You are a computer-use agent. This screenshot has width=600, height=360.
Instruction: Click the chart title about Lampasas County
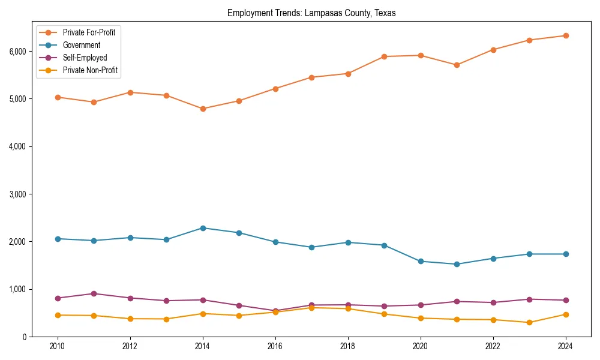(x=311, y=13)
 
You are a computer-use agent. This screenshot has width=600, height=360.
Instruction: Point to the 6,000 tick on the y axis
(x=18, y=51)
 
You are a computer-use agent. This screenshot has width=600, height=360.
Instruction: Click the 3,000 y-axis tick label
(x=18, y=194)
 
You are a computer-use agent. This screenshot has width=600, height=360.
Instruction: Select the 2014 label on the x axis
(x=203, y=347)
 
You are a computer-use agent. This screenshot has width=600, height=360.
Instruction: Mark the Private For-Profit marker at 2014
(x=203, y=109)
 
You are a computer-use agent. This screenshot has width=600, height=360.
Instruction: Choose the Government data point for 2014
(x=203, y=228)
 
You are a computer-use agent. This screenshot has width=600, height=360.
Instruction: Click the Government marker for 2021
(x=457, y=264)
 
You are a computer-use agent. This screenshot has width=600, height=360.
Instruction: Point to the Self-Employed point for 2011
(x=94, y=293)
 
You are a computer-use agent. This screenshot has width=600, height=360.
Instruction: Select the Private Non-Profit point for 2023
(x=529, y=322)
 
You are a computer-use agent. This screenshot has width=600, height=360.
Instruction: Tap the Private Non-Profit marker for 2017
(x=311, y=307)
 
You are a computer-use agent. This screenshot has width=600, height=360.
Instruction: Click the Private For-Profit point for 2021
(x=457, y=65)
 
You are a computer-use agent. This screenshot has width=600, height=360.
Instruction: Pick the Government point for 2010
(x=58, y=239)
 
